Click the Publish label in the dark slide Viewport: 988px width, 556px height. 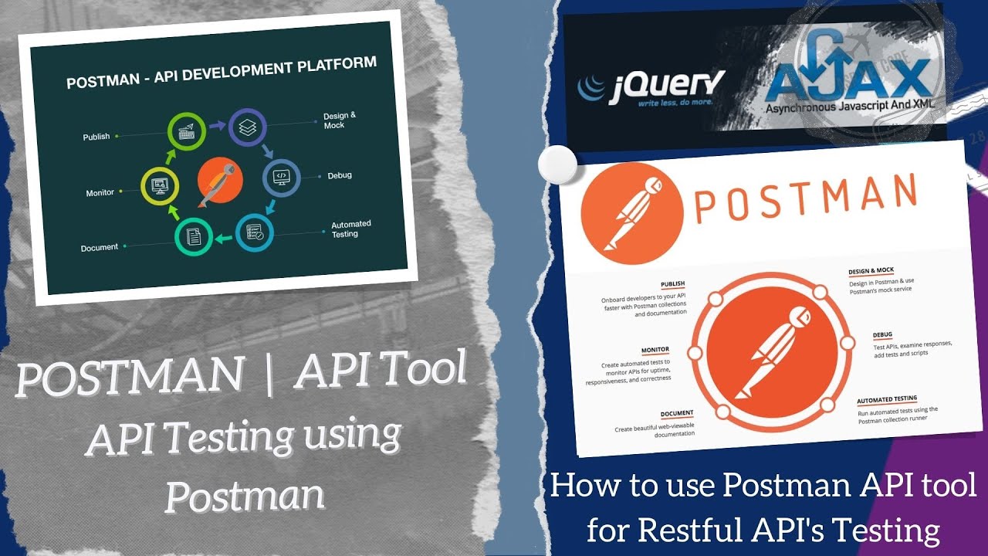[x=96, y=137]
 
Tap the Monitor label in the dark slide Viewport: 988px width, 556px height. [x=100, y=193]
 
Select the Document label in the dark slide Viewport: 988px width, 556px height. [x=100, y=248]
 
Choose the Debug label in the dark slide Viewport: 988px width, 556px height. [x=339, y=175]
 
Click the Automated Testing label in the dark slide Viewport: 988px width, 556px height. [x=351, y=229]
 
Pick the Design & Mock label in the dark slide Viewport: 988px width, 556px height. [x=340, y=120]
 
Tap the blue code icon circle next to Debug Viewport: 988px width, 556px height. [x=282, y=177]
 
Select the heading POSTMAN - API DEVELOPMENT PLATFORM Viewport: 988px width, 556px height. [x=222, y=72]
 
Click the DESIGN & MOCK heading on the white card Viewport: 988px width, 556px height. [x=871, y=271]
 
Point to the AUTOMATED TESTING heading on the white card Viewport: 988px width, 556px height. [x=887, y=400]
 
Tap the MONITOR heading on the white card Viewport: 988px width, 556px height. [x=655, y=350]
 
